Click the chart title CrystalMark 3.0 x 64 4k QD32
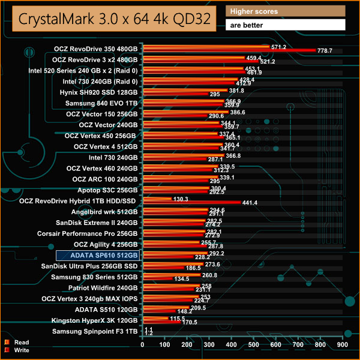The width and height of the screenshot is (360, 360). [x=113, y=19]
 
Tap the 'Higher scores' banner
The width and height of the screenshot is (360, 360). [x=286, y=11]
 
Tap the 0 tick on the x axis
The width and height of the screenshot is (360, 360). [x=143, y=345]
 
